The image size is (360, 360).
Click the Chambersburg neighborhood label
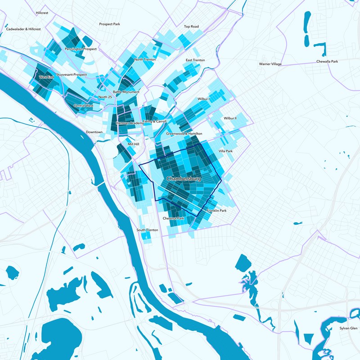tap(183, 179)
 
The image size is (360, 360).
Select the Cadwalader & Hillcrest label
tap(23, 29)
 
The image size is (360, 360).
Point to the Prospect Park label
tap(110, 24)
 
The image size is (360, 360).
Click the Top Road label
tap(191, 27)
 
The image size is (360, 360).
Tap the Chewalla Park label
tap(327, 61)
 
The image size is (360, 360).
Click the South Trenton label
tap(148, 230)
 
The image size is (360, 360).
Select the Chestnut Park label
tap(174, 219)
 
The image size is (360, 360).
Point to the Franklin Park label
tap(216, 211)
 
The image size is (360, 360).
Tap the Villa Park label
tap(225, 151)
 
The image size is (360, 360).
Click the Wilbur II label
tap(230, 119)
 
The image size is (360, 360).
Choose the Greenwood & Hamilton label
tap(184, 134)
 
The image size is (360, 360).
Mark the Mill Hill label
tap(134, 144)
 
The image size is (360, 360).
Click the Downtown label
tap(94, 132)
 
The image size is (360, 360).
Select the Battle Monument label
tap(126, 92)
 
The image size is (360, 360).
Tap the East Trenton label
tap(195, 60)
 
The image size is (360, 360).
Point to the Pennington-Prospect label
tap(81, 49)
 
